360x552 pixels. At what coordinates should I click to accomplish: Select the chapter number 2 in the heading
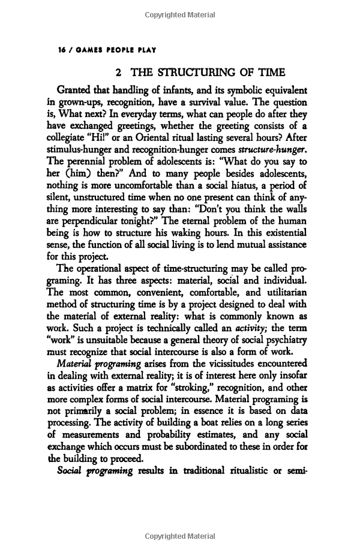pos(118,73)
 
